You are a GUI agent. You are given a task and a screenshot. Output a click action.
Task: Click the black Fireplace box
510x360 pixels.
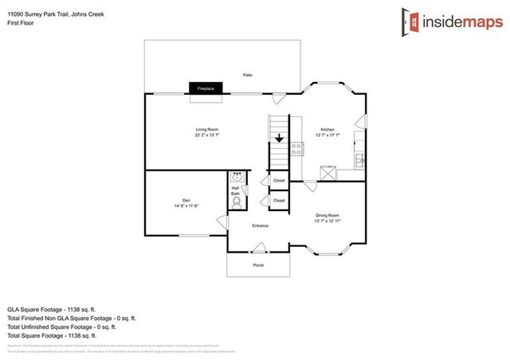click(x=206, y=88)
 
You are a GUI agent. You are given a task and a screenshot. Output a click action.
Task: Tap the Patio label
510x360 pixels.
click(x=248, y=75)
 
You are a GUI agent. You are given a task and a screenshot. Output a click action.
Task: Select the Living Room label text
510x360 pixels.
click(x=207, y=129)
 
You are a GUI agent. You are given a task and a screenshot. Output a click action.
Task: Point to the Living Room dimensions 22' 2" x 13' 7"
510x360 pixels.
click(x=207, y=135)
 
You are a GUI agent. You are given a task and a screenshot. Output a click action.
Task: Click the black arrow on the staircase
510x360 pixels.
click(x=278, y=139)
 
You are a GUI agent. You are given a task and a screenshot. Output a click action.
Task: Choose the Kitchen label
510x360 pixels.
click(x=328, y=129)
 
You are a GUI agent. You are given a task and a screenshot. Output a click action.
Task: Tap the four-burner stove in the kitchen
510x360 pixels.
click(x=296, y=147)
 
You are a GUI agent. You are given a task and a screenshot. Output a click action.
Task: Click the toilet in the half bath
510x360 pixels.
click(x=237, y=203)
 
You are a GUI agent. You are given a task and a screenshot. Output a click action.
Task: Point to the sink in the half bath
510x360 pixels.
click(x=237, y=177)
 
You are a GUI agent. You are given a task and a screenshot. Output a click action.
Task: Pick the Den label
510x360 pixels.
click(x=186, y=200)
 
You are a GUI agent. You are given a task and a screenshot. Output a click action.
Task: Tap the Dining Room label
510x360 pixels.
click(x=328, y=215)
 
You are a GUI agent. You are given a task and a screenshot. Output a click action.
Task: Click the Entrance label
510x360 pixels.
click(x=260, y=225)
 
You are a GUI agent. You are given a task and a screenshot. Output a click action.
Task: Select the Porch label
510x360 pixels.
click(x=258, y=265)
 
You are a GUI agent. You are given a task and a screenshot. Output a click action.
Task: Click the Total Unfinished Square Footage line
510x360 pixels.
click(x=62, y=326)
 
